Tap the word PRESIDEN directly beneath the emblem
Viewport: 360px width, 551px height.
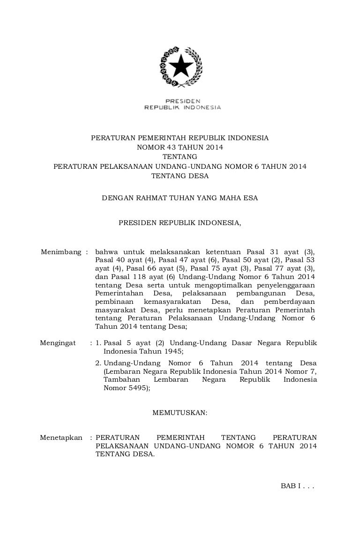pyautogui.click(x=182, y=101)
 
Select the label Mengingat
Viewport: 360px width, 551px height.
pyautogui.click(x=58, y=343)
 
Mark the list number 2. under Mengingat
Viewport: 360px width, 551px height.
pyautogui.click(x=98, y=363)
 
